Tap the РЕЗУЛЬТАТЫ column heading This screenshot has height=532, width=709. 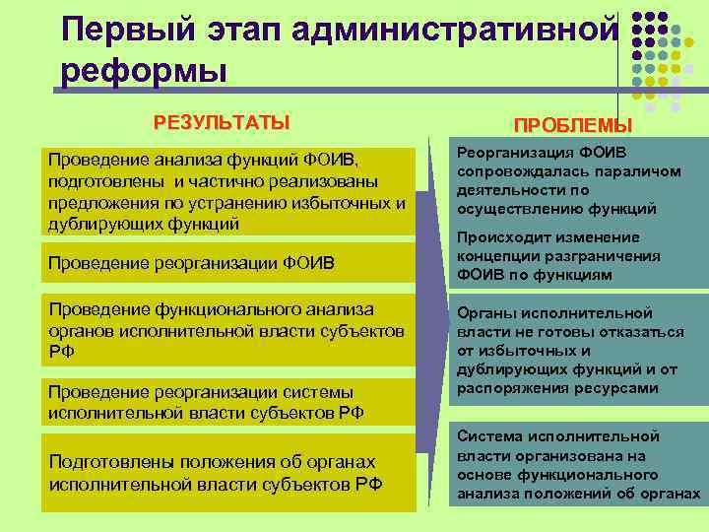222,123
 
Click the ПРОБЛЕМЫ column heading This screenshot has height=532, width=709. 573,126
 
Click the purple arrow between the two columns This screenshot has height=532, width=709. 430,325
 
